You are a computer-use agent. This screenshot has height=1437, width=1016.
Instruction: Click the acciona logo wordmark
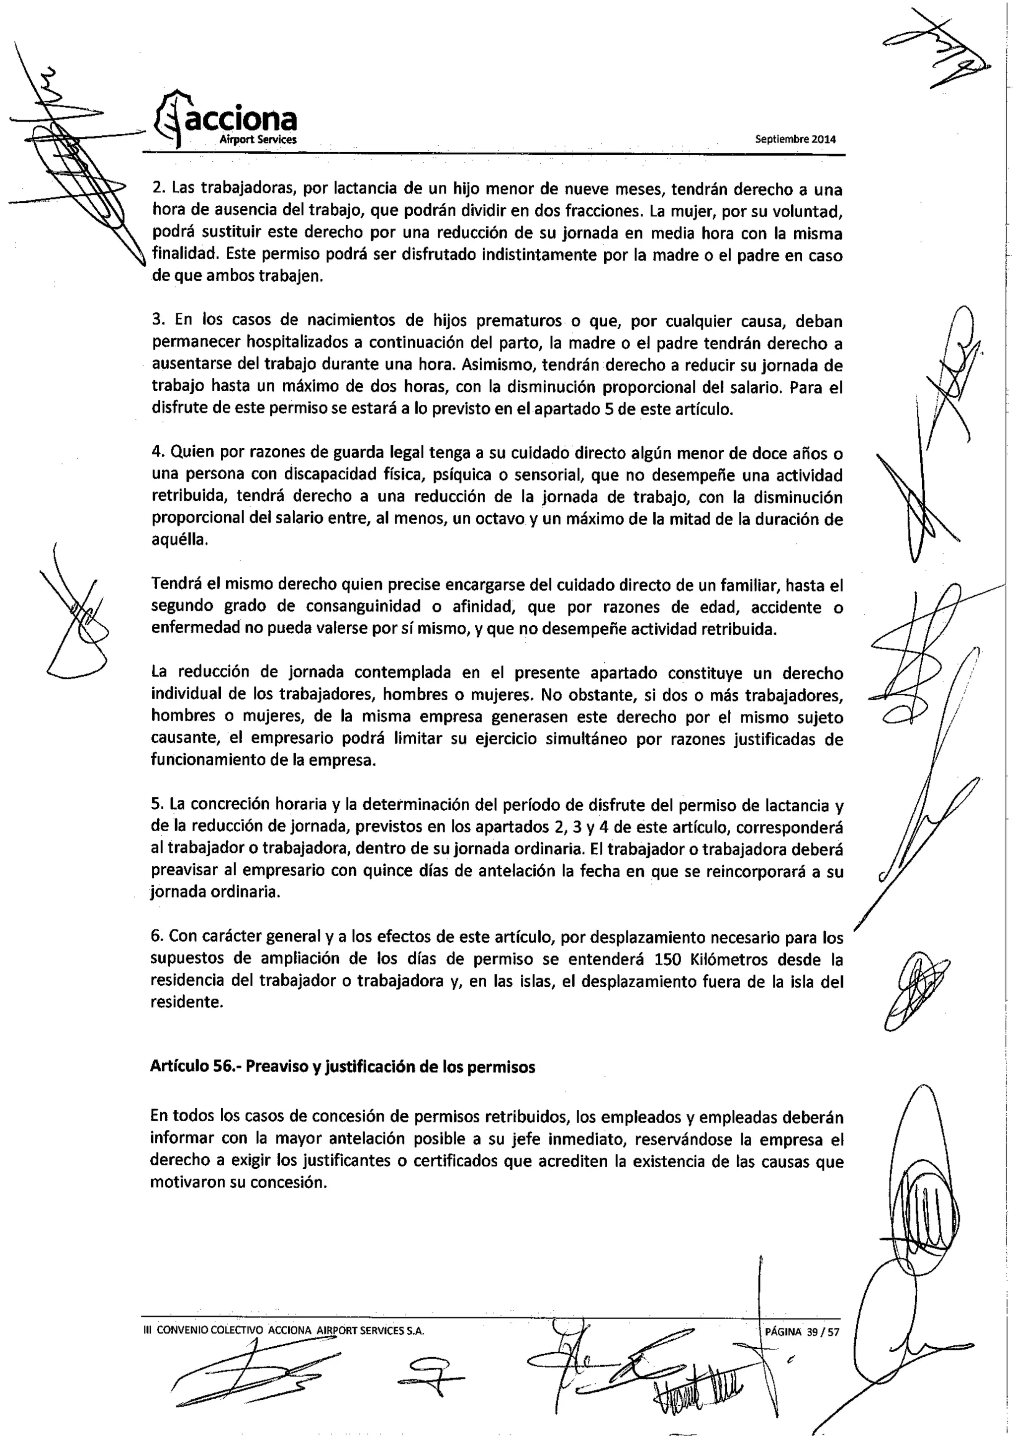point(238,120)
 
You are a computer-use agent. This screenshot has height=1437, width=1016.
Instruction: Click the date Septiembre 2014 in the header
point(795,139)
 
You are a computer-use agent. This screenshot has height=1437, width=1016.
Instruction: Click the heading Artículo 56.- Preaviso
point(342,1067)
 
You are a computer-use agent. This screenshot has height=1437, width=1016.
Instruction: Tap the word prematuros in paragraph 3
point(518,321)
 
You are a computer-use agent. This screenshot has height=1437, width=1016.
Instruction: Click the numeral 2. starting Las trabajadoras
point(158,189)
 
